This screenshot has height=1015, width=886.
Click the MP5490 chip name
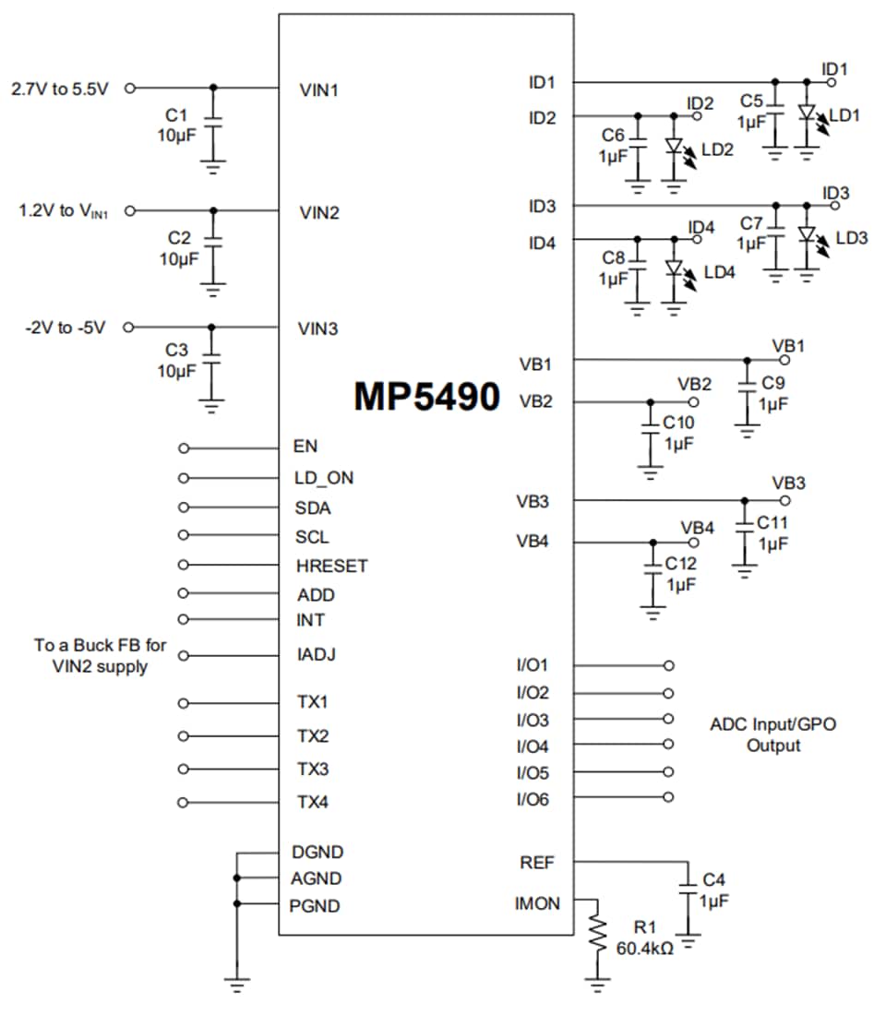click(x=426, y=396)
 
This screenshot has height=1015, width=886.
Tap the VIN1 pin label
click(x=319, y=90)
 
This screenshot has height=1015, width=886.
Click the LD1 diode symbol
click(x=808, y=113)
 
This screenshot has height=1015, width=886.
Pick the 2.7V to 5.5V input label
click(x=59, y=89)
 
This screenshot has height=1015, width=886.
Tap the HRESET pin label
click(x=331, y=566)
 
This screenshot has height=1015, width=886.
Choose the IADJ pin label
click(x=316, y=655)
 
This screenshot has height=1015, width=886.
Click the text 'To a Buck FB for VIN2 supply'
click(x=101, y=656)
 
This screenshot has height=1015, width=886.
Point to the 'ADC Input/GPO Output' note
click(x=772, y=734)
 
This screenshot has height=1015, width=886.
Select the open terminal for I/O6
click(x=668, y=798)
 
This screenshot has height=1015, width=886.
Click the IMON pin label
click(x=537, y=903)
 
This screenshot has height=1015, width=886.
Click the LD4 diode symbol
click(x=674, y=269)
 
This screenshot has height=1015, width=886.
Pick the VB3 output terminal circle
click(x=784, y=501)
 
